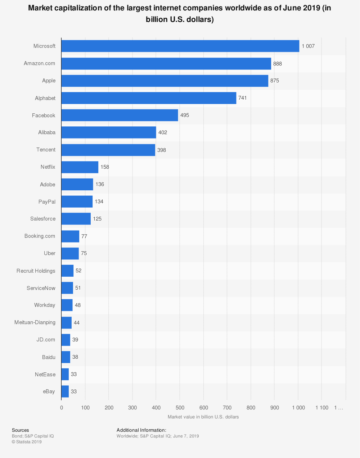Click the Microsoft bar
[x=180, y=46]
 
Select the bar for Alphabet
[x=149, y=98]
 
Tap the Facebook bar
[x=120, y=115]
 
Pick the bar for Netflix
[x=80, y=167]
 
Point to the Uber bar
[x=70, y=253]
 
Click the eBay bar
[x=65, y=391]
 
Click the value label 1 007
[x=308, y=46]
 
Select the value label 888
[x=278, y=64]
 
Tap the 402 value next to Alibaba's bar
[x=163, y=132]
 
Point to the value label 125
[x=97, y=219]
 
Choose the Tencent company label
[x=46, y=150]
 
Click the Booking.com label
[x=40, y=236]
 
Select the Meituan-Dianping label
[x=35, y=322]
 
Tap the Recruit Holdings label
[x=36, y=271]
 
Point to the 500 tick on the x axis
[x=180, y=408]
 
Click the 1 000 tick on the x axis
[x=298, y=408]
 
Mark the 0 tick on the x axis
[x=62, y=408]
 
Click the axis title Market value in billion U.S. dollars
[x=203, y=417]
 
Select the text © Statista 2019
[x=27, y=442]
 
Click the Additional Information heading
[x=141, y=430]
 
